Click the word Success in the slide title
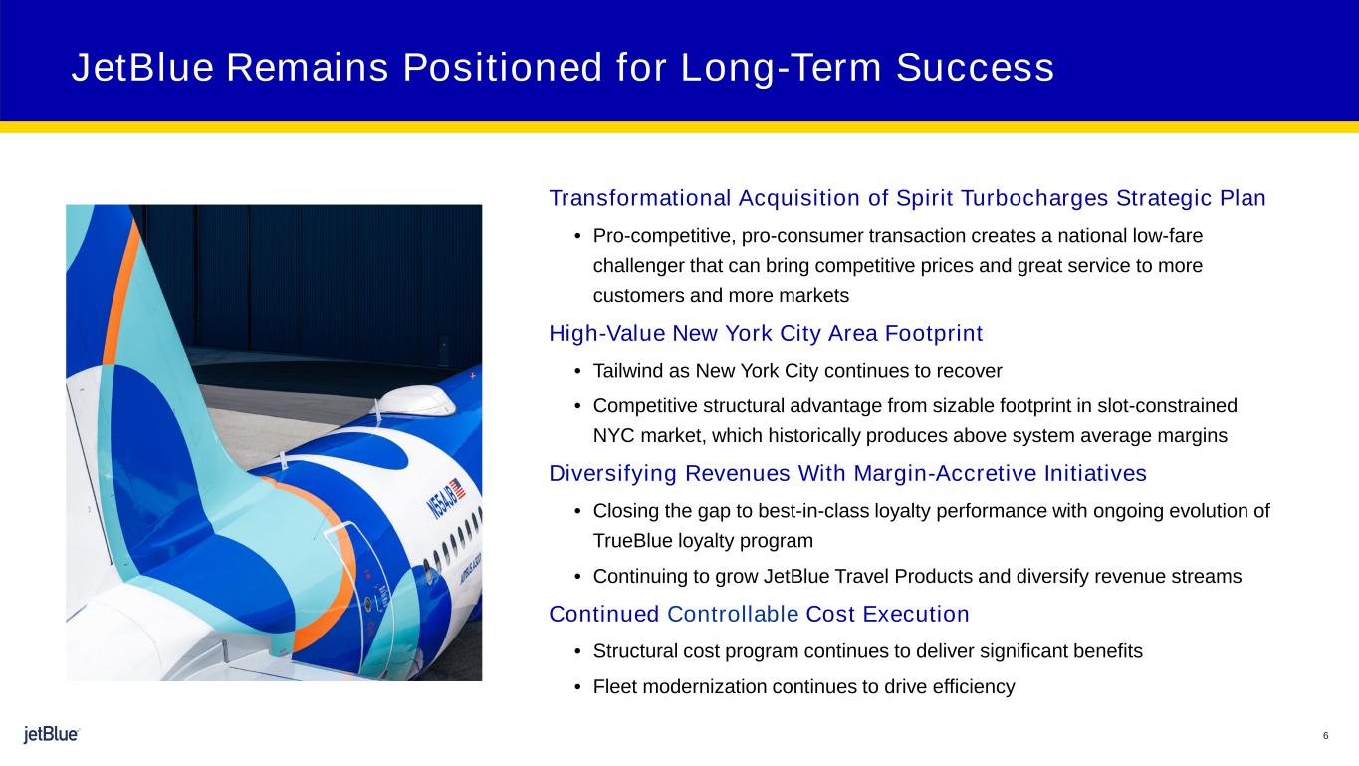coord(975,67)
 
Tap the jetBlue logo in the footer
coord(52,734)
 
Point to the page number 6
coord(1325,736)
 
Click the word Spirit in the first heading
coord(924,198)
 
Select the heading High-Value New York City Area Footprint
coord(766,333)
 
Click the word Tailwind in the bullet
coord(628,371)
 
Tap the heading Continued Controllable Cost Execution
coord(759,614)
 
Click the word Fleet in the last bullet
coord(614,686)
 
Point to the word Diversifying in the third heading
coord(612,473)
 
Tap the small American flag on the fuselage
coord(457,488)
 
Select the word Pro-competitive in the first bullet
coord(664,235)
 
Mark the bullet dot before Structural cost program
coord(577,651)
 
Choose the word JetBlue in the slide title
coord(142,67)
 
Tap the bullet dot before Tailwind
coord(577,371)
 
